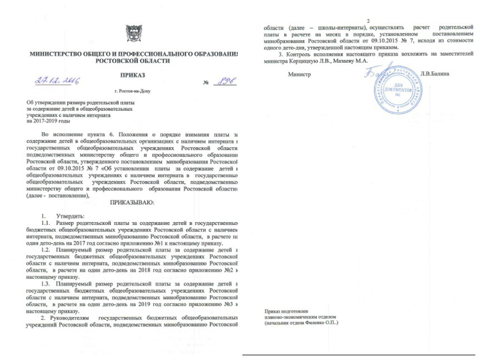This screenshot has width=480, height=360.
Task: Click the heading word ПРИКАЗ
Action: [x=133, y=75]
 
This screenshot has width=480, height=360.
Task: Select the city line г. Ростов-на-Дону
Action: [x=133, y=90]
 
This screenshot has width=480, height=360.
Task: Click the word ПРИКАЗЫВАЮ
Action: [x=132, y=202]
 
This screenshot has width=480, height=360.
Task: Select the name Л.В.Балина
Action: [x=435, y=74]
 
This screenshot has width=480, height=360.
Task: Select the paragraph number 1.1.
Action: [x=47, y=223]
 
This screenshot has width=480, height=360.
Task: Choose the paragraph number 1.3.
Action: [x=47, y=284]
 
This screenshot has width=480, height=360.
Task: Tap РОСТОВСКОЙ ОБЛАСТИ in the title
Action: [x=133, y=61]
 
